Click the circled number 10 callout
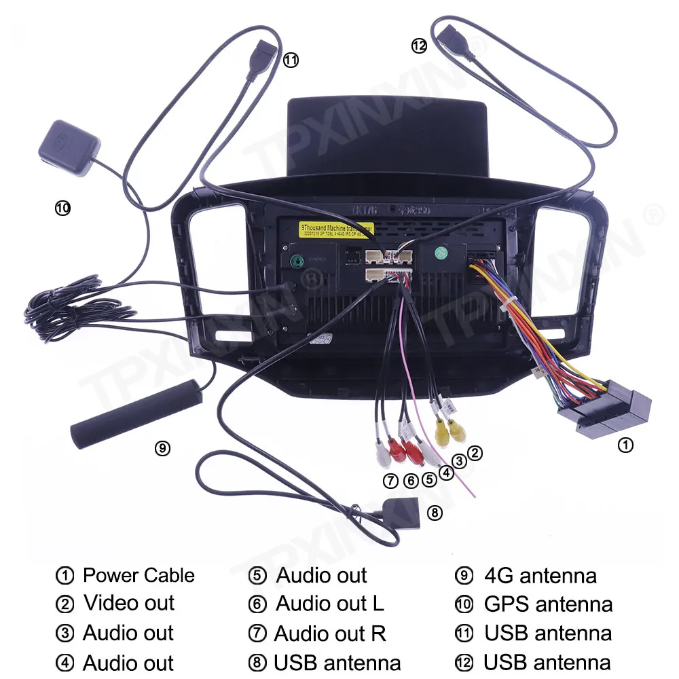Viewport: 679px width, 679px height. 62,208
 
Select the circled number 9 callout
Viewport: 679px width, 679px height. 162,448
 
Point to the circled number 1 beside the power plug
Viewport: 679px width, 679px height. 625,445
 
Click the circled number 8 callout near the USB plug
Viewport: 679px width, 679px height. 435,513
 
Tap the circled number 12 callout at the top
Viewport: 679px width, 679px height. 419,46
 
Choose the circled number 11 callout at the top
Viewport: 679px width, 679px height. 291,60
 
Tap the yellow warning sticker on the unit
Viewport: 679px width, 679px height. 335,230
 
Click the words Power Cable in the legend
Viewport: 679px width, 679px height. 139,576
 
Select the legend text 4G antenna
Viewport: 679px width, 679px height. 540,576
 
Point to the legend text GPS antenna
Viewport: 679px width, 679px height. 548,604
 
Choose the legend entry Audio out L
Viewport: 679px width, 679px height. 330,603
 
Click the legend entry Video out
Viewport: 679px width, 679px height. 129,603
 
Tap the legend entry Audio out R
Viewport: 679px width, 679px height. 330,634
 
